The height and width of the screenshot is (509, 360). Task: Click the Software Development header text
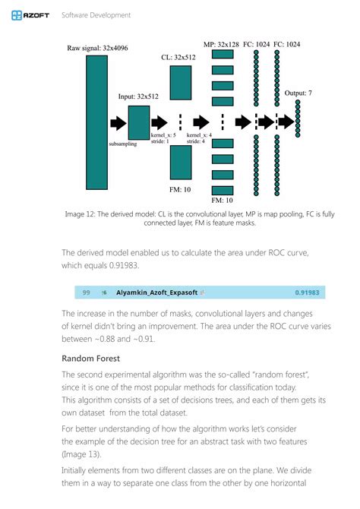pos(96,14)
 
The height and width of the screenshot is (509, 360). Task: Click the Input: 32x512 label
pos(138,97)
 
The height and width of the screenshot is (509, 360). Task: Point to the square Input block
pos(139,122)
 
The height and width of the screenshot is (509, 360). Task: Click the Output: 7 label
pos(298,93)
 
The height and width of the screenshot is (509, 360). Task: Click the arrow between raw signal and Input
pos(118,122)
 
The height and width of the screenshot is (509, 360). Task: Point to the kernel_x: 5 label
pos(163,134)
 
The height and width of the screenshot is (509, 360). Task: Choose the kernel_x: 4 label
pos(199,134)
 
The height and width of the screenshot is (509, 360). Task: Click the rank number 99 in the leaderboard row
pos(87,292)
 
